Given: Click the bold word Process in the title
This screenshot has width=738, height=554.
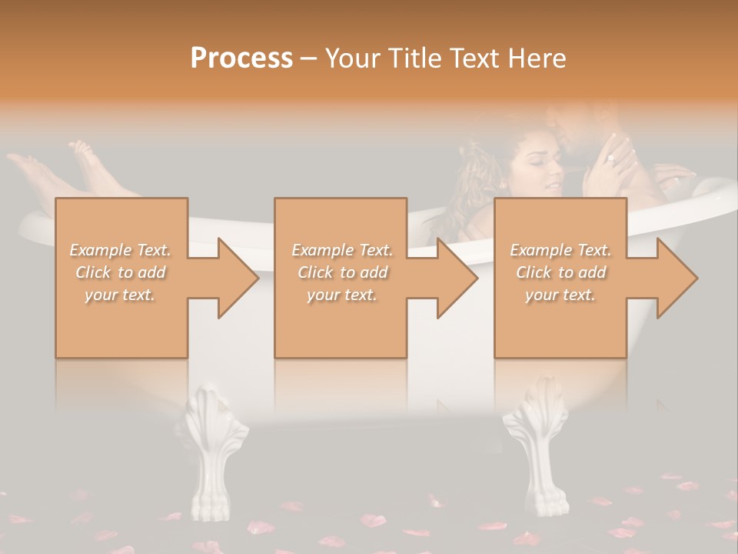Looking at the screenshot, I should point(241,58).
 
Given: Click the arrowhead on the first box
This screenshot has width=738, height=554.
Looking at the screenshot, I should point(238,278).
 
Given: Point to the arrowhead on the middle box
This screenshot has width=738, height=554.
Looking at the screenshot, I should point(457,278).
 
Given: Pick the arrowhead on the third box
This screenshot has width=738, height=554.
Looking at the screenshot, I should point(677,278).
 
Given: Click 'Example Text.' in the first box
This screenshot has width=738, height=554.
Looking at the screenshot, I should point(121,250).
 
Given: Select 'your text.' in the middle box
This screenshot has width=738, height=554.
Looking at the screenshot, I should point(341,295).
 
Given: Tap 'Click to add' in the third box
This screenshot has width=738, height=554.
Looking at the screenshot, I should point(560,272).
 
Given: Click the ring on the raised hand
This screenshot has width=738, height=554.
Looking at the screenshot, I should point(610,159).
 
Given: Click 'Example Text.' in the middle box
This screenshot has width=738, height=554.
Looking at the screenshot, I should point(341,250).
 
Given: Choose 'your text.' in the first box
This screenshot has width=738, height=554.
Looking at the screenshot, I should point(121,295).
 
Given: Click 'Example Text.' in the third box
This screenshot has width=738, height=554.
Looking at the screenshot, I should point(560,250).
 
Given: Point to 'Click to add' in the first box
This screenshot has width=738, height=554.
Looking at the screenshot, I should point(121,272).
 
